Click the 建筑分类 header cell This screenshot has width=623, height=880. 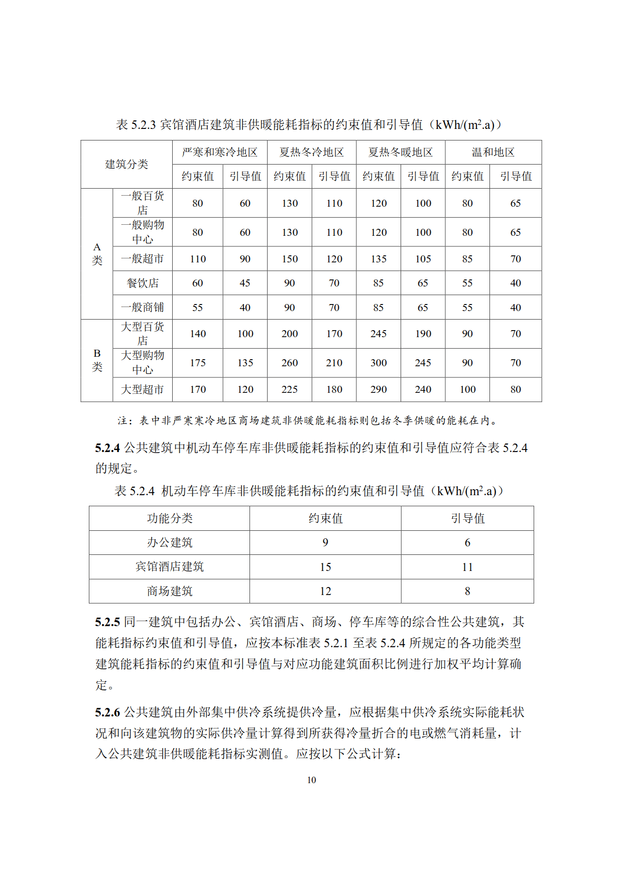click(127, 164)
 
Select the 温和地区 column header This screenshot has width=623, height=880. click(493, 153)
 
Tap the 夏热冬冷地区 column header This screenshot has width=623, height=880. click(311, 153)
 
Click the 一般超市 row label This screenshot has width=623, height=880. click(143, 259)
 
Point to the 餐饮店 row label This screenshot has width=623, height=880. click(143, 283)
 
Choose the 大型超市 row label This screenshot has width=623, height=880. click(143, 389)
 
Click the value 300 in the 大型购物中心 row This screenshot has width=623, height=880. click(379, 363)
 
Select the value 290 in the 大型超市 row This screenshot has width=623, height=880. click(379, 389)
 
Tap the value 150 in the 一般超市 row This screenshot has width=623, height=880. click(290, 259)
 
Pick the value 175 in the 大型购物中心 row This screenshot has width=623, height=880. click(198, 363)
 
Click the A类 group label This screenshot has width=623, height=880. click(97, 254)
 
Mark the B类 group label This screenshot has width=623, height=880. click(97, 360)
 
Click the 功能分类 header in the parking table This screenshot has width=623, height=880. click(170, 518)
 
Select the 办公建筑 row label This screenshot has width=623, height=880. click(170, 542)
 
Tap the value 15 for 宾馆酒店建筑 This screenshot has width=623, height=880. click(325, 567)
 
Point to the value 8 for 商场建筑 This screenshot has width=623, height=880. click(467, 591)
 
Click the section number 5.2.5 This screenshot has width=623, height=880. click(107, 622)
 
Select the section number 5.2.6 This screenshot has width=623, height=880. click(107, 712)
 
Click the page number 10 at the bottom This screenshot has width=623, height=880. click(311, 780)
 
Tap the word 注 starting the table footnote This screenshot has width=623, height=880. click(122, 420)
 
